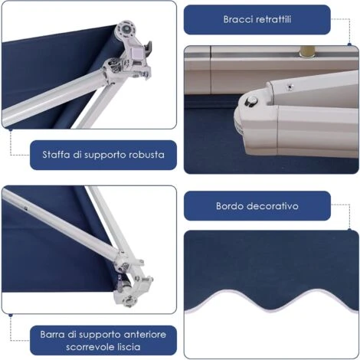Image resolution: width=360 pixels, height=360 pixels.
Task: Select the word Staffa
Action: (57, 155)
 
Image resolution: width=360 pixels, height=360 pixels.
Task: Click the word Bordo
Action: (232, 206)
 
